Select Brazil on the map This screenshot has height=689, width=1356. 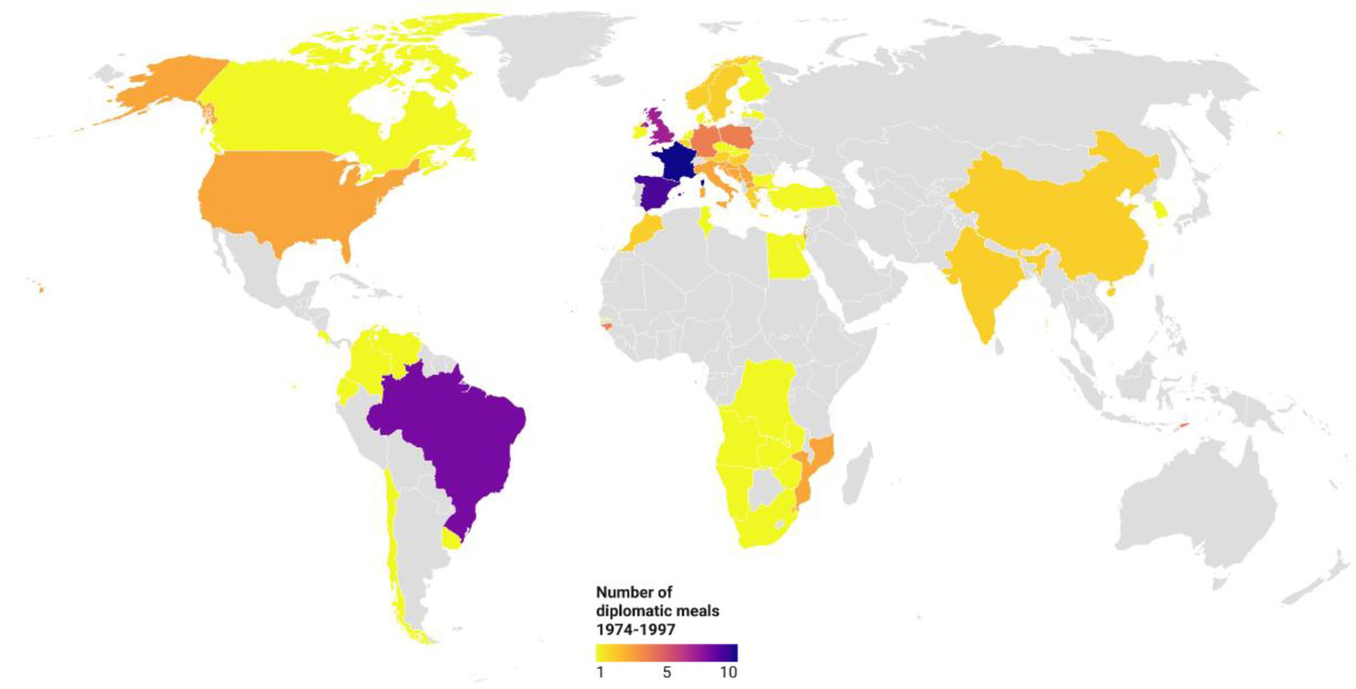pos(451,433)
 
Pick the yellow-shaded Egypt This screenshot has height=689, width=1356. pos(789,257)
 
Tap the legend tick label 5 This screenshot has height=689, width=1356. pos(667,671)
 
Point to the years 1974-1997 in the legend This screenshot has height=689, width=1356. pos(633,624)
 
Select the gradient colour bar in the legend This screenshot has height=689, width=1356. pos(666,653)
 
